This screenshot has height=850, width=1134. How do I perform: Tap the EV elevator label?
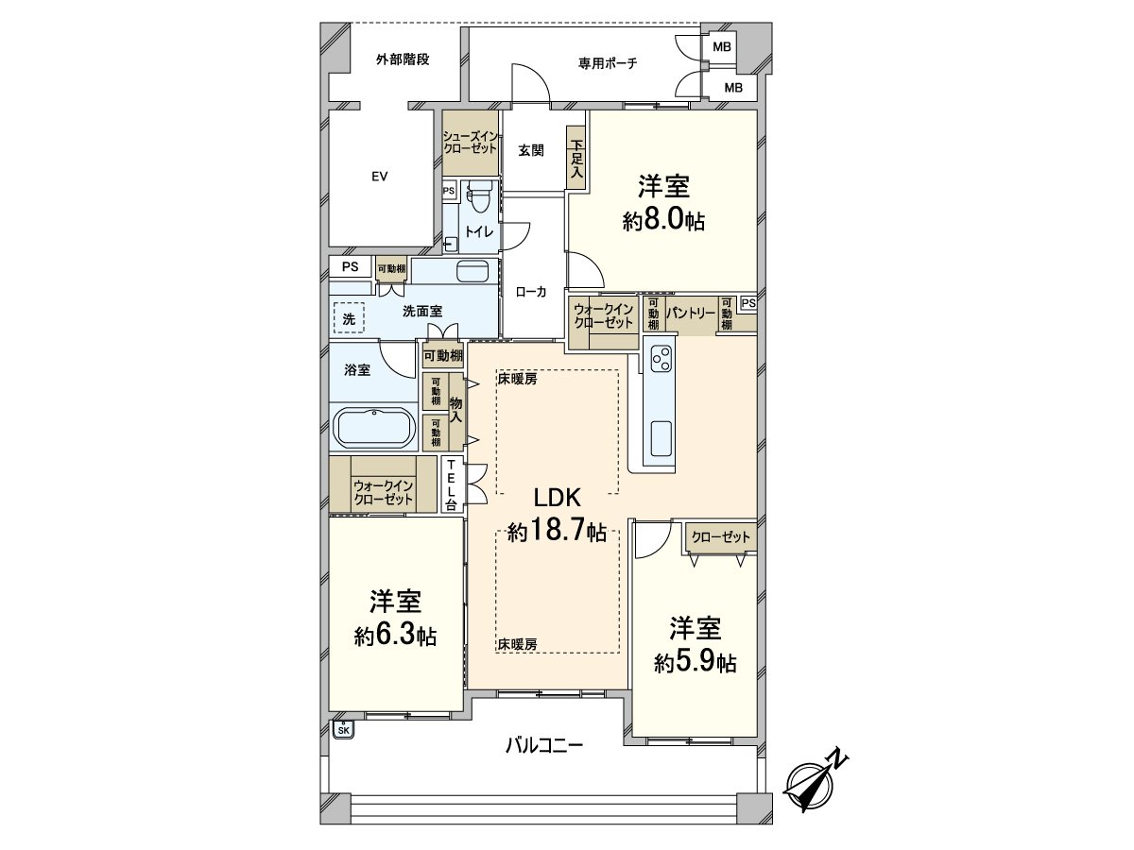point(380,177)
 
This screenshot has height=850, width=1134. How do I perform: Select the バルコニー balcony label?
point(542,745)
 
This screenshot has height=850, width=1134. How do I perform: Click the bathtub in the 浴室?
point(374,429)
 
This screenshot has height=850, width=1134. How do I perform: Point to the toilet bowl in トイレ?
point(477,196)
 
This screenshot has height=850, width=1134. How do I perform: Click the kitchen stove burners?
point(661,359)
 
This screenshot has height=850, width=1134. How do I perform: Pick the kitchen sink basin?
point(661,438)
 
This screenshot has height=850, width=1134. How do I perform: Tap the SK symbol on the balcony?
point(343,729)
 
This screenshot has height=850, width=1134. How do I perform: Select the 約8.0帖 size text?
point(663,222)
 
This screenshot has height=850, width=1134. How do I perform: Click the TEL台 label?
point(453,484)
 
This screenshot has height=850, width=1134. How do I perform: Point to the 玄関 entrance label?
point(530,149)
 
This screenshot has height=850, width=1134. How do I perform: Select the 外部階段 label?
point(403,59)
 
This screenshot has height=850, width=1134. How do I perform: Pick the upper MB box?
point(721,46)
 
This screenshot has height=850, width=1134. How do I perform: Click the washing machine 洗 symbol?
point(348,316)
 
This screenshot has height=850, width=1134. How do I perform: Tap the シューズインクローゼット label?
point(472,143)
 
